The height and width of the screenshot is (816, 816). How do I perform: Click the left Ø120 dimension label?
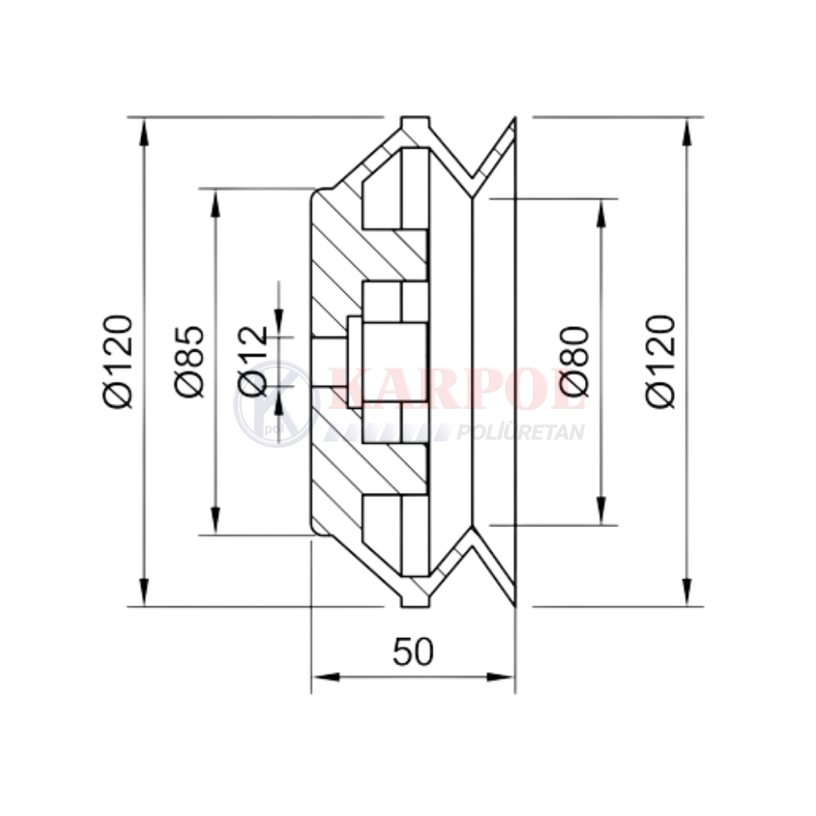point(118,361)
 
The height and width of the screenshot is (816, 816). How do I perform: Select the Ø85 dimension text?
point(189,361)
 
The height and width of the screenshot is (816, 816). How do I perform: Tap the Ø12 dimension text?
point(254,361)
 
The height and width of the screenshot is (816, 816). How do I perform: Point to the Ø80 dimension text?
point(574,361)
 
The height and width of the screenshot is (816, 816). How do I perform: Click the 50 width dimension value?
point(413,651)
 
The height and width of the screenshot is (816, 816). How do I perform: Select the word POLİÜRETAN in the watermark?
point(520,432)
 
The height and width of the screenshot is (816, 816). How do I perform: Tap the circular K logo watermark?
point(276,403)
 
